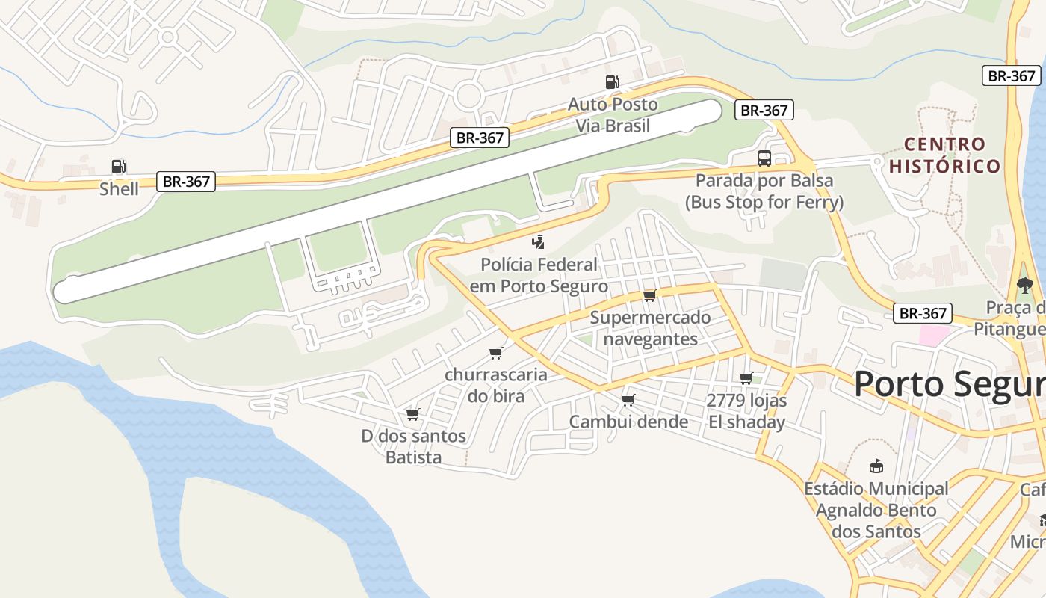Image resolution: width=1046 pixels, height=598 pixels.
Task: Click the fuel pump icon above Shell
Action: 118,167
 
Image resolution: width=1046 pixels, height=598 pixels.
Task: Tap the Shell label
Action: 120,188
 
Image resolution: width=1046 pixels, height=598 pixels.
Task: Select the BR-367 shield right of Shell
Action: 186,181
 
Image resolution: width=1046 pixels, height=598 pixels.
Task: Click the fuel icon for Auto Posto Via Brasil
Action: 612,82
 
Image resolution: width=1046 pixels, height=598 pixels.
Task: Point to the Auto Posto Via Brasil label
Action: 613,114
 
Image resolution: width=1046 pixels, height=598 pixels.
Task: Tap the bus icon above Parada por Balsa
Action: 764,158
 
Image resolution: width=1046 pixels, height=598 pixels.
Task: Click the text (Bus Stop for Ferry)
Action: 764,202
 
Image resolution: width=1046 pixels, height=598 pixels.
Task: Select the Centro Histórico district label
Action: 944,155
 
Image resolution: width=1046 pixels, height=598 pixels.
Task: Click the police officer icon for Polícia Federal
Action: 538,241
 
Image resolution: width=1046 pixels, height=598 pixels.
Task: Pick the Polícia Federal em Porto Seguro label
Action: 539,275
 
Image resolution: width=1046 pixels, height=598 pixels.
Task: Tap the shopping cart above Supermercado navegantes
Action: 649,295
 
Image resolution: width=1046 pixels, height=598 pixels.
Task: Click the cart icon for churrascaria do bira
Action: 495,353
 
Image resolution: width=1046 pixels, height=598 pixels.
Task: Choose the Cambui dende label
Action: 628,422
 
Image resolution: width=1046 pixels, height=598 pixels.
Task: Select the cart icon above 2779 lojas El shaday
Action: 746,379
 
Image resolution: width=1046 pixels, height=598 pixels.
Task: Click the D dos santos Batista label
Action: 414,446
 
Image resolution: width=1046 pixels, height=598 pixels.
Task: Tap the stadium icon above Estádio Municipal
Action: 876,467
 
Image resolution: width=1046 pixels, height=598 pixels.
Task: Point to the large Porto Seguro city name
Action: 949,384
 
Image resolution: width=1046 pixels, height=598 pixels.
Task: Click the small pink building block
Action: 933,335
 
